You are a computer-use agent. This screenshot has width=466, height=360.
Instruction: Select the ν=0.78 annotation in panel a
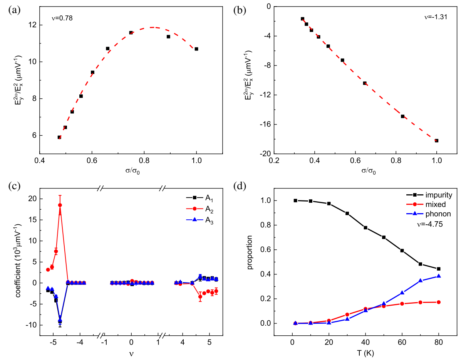pos(62,18)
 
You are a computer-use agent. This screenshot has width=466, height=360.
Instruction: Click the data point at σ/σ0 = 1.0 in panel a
pos(196,49)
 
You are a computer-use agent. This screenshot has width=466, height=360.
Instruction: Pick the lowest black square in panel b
pos(437,141)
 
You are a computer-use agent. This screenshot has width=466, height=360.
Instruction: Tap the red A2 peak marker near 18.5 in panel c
pos(60,205)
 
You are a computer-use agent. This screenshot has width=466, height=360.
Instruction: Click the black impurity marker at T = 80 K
pos(438,269)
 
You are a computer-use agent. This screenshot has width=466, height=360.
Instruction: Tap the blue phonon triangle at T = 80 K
pos(438,276)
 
